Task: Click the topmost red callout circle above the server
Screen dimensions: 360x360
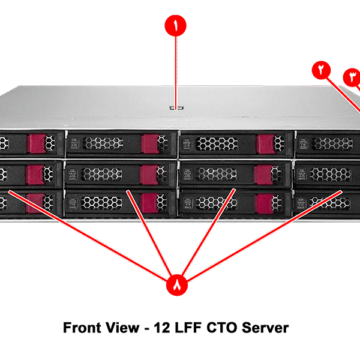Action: pyautogui.click(x=176, y=27)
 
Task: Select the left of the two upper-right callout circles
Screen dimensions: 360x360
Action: pyautogui.click(x=322, y=69)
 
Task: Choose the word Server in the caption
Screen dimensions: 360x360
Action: pyautogui.click(x=266, y=328)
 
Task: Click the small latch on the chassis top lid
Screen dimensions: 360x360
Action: pyautogui.click(x=175, y=109)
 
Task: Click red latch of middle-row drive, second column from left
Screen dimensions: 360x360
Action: pyautogui.click(x=149, y=174)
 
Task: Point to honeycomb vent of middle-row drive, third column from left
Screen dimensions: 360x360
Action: pyautogui.click(x=217, y=174)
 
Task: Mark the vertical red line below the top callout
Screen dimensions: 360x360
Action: pyautogui.click(x=176, y=72)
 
